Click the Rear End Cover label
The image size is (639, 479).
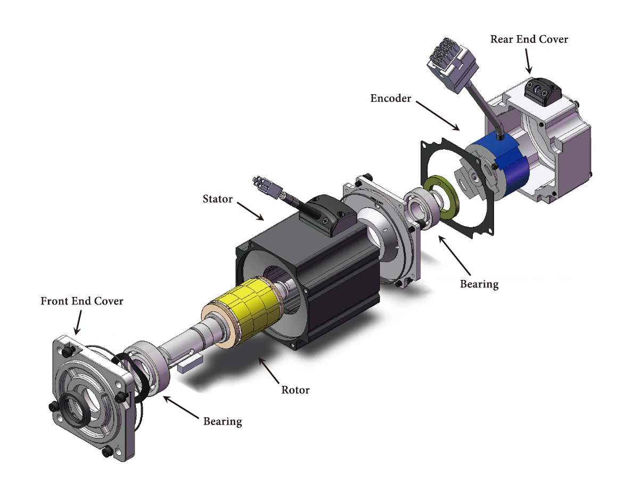pyautogui.click(x=529, y=39)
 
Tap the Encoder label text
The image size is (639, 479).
pyautogui.click(x=391, y=98)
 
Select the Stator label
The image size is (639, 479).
pyautogui.click(x=218, y=199)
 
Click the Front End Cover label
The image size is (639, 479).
pyautogui.click(x=82, y=301)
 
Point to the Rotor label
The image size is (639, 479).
pyautogui.click(x=295, y=390)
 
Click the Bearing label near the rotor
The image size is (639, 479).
pyautogui.click(x=223, y=422)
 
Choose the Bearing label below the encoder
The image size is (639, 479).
pyautogui.click(x=479, y=284)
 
